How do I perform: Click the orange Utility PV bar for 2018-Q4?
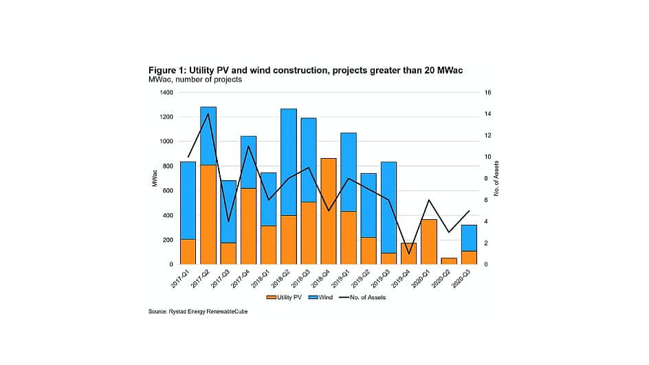click(x=329, y=212)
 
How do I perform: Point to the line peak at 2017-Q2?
click(x=208, y=113)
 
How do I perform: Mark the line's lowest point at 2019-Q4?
click(x=409, y=254)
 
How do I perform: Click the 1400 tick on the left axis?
click(x=166, y=92)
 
